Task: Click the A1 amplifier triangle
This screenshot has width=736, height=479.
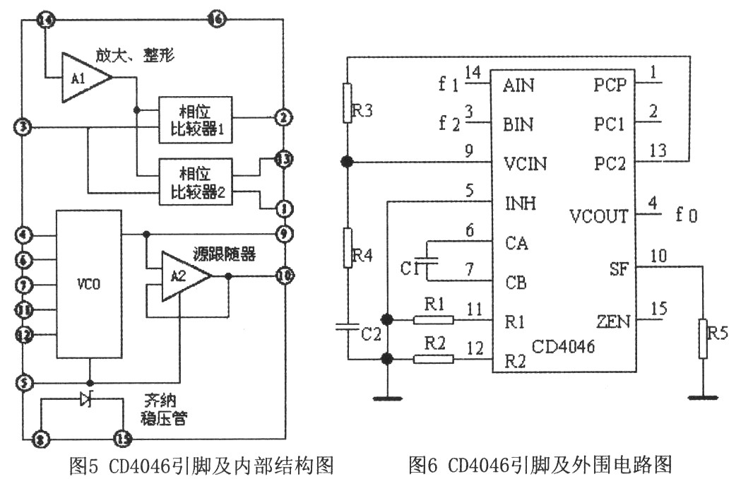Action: click(x=83, y=77)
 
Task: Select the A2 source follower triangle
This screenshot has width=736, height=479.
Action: click(x=182, y=276)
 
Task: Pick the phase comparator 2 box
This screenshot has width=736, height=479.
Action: click(x=195, y=182)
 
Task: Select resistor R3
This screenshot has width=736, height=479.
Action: click(x=347, y=103)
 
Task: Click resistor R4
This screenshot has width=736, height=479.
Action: click(x=347, y=247)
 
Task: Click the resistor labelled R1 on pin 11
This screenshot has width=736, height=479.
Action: click(x=432, y=319)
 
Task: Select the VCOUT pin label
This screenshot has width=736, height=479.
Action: click(x=599, y=216)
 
